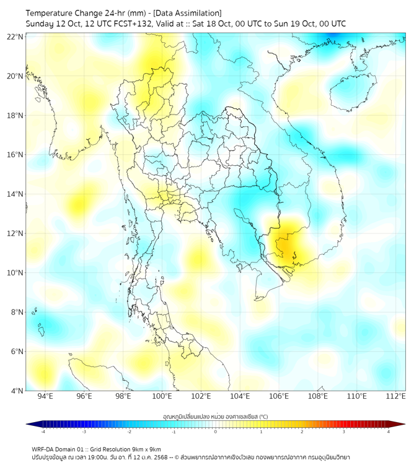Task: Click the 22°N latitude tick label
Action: [15, 37]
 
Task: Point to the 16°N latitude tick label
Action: [15, 155]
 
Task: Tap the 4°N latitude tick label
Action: [17, 391]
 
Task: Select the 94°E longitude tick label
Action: [45, 397]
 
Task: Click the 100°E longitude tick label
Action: [162, 397]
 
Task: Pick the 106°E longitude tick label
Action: [279, 397]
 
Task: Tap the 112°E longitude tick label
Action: [396, 397]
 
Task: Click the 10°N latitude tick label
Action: [15, 273]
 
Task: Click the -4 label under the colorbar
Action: [43, 431]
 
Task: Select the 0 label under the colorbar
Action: [216, 431]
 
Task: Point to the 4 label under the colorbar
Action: [388, 431]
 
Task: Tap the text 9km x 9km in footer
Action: [144, 449]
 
